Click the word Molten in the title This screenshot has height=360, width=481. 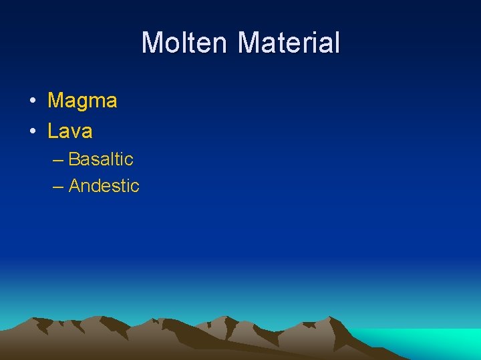point(187,43)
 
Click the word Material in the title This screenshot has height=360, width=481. point(289,43)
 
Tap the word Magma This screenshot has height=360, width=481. point(82,101)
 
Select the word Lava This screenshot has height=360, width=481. point(69,131)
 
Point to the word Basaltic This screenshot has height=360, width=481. point(101,159)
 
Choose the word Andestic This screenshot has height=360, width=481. point(104,186)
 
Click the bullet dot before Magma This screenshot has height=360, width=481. point(32,101)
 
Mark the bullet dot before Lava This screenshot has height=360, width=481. point(32,131)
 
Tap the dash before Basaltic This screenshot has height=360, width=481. point(57,160)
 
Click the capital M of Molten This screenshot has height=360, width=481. point(153,43)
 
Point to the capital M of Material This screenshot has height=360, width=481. point(251,43)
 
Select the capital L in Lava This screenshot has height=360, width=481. point(52,131)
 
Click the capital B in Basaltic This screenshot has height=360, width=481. point(74,159)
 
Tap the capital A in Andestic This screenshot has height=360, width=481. point(75,186)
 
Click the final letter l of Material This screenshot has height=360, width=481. point(337,43)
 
